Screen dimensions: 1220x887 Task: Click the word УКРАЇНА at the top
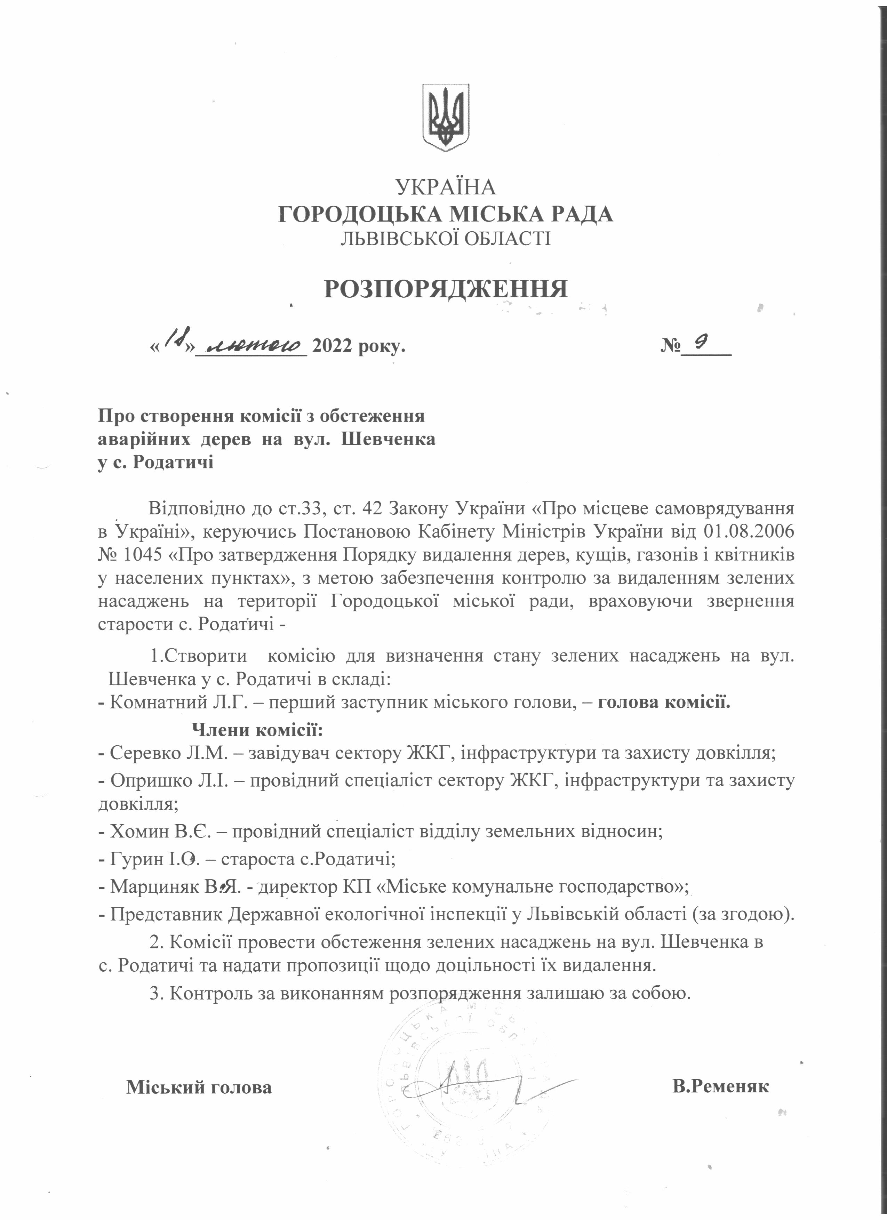[x=445, y=187]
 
